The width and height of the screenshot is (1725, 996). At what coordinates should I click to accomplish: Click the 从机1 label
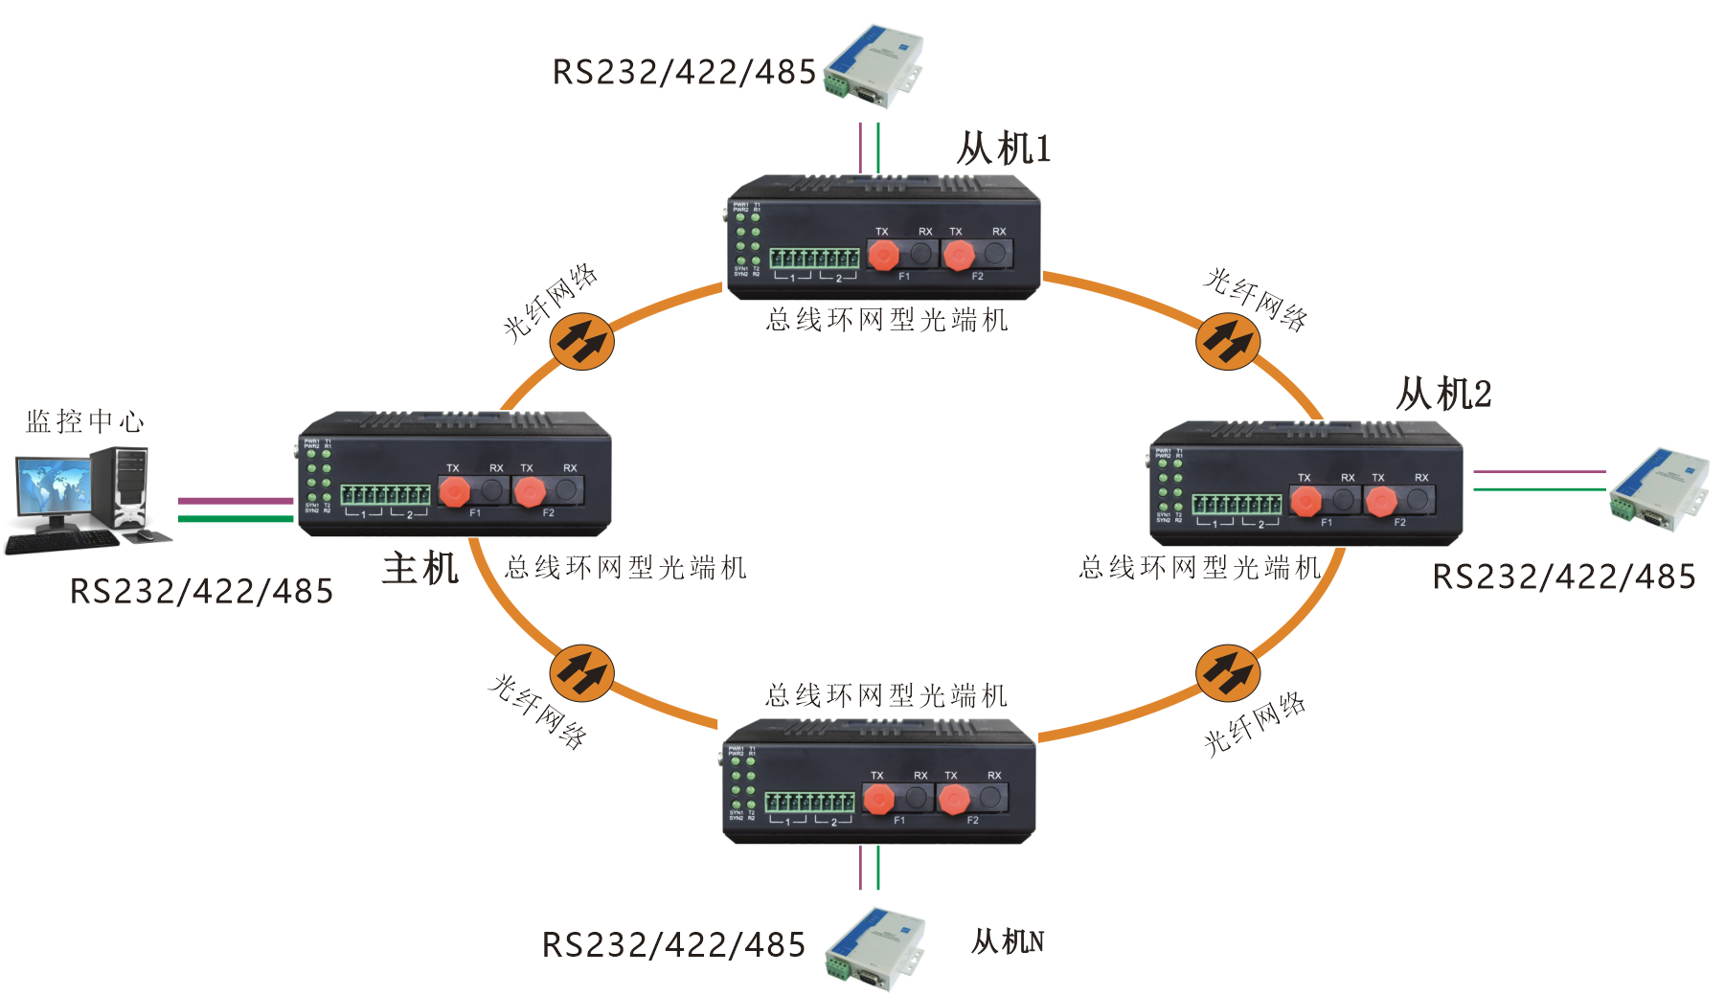1003,149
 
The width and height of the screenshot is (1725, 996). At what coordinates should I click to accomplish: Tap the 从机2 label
1443,394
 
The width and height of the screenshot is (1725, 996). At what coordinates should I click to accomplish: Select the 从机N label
1007,941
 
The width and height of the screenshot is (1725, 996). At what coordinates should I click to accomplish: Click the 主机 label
420,568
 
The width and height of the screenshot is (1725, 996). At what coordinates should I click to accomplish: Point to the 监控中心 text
85,421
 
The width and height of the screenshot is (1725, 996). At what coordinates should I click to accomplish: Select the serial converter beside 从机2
1658,489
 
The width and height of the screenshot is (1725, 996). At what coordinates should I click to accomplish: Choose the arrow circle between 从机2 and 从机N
1228,673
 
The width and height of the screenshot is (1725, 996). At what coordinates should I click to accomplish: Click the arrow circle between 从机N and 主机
581,673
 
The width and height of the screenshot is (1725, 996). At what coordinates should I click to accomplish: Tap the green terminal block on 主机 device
385,494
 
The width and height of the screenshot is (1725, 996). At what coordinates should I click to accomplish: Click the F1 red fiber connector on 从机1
883,255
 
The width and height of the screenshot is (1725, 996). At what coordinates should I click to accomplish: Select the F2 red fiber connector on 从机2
1380,501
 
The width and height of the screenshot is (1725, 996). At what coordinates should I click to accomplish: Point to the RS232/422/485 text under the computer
201,591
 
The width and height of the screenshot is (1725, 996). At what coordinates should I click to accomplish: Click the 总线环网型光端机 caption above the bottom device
886,695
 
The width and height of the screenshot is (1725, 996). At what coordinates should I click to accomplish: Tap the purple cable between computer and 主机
236,501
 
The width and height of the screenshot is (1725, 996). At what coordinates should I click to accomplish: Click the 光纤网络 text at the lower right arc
1255,724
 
